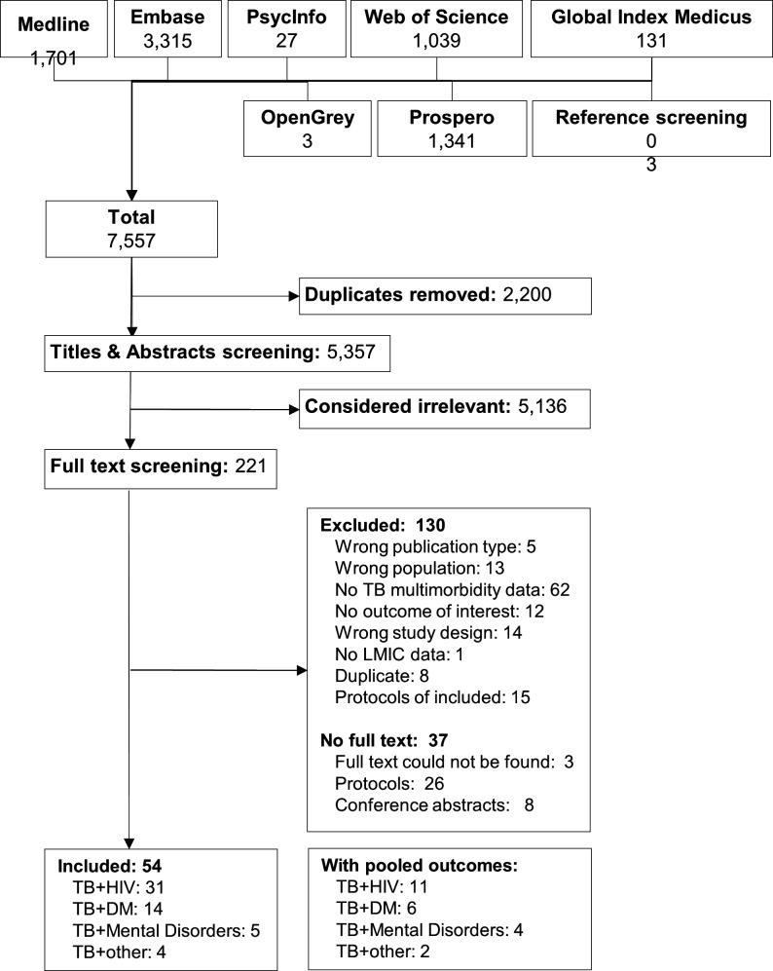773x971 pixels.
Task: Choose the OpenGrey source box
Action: click(x=307, y=129)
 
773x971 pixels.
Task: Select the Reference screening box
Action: click(x=650, y=129)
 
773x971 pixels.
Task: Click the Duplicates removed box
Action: click(x=446, y=294)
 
